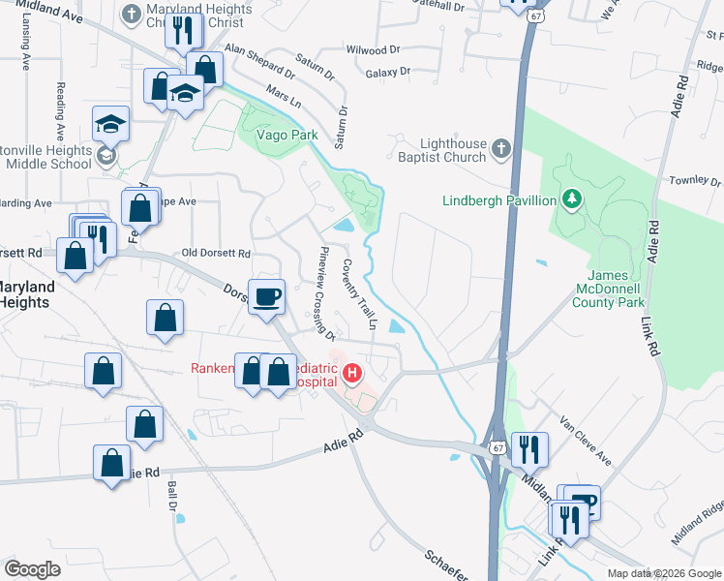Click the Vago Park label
(287, 136)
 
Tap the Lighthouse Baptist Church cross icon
(500, 148)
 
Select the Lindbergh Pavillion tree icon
(573, 200)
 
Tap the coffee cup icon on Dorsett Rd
(265, 295)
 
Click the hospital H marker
(352, 373)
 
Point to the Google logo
(33, 569)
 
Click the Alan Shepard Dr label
(258, 59)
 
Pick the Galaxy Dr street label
(388, 72)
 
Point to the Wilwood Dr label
(373, 48)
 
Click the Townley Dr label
(696, 181)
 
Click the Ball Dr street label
(174, 498)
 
